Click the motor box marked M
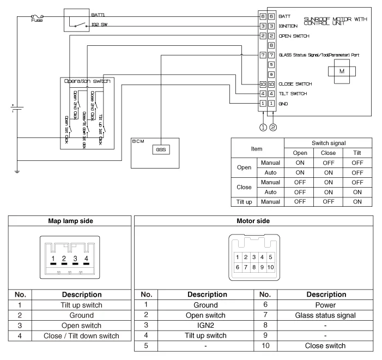coord(342,71)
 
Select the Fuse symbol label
coord(37,21)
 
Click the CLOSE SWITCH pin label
coord(295,85)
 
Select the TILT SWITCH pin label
coord(293,94)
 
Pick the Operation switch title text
coord(87,81)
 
